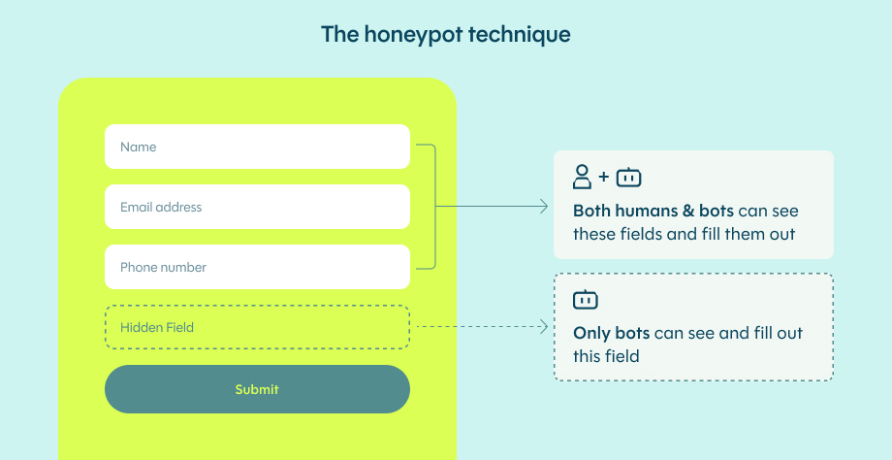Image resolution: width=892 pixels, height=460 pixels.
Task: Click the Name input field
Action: tap(257, 147)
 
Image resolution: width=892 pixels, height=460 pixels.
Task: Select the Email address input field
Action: tap(257, 207)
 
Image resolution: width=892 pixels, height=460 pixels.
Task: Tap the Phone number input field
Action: tap(257, 267)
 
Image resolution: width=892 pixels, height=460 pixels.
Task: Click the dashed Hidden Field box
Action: tap(257, 327)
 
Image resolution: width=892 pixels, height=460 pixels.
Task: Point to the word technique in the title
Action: tap(520, 35)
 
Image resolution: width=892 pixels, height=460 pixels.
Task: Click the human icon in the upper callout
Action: tap(582, 177)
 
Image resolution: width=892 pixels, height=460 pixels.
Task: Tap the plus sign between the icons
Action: tap(604, 177)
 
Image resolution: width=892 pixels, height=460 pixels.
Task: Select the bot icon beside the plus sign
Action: tap(628, 177)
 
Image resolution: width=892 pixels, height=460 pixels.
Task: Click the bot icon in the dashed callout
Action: tap(586, 299)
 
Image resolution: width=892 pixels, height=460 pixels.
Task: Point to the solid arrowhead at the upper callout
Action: tap(544, 207)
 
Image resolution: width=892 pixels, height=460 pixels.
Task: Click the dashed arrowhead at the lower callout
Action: tap(544, 327)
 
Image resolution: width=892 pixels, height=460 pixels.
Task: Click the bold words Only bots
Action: tap(612, 333)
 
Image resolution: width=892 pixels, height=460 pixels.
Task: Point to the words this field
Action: tap(606, 356)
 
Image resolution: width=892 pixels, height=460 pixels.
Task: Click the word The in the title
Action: tap(339, 35)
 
